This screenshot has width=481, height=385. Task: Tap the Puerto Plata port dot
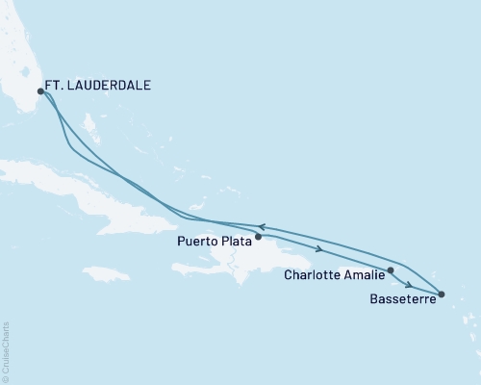(258, 235)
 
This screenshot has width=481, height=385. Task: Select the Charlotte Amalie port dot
(391, 270)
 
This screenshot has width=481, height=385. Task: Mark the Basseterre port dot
(441, 293)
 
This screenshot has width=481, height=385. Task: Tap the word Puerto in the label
(197, 244)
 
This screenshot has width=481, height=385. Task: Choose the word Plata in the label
(237, 244)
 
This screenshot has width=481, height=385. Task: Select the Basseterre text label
(400, 299)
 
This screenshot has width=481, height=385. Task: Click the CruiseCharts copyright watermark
(6, 352)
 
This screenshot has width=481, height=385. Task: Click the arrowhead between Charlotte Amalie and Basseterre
(411, 285)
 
